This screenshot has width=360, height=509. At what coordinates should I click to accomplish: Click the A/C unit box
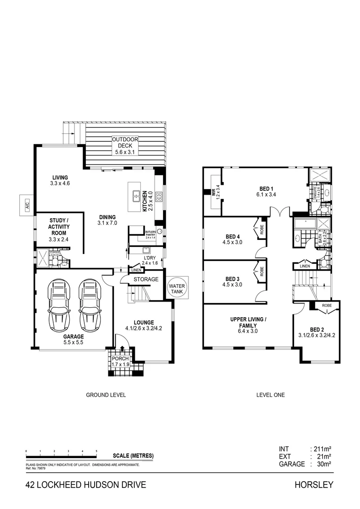click(x=27, y=205)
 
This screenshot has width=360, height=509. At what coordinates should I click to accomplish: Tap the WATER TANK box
click(x=177, y=289)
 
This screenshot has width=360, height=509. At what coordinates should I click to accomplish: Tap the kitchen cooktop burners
click(x=159, y=197)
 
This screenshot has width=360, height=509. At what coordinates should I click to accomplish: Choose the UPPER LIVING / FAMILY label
click(x=249, y=322)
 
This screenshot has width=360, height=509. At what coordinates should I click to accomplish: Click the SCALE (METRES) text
click(x=133, y=456)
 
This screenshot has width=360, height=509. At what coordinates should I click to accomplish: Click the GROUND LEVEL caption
click(x=106, y=395)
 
